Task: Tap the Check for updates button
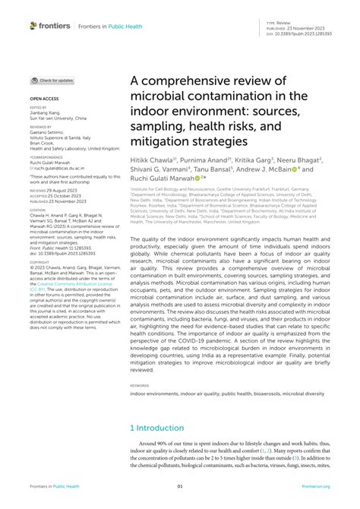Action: pos(52,80)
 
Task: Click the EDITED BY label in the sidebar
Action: pos(39,109)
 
